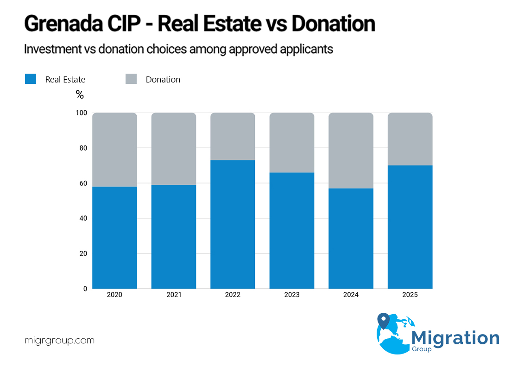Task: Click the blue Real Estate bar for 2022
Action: pos(233,224)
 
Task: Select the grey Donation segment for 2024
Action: pos(351,151)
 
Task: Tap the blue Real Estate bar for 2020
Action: pos(114,237)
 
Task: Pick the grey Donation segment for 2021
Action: pos(174,149)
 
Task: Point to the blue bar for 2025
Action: pos(410,227)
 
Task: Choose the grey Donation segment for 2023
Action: pos(292,143)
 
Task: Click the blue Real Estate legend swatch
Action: pos(31,79)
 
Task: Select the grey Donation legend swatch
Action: pos(131,79)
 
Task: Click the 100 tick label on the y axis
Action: pos(81,113)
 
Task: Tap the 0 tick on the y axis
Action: pos(85,289)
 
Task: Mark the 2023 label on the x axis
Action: pos(292,295)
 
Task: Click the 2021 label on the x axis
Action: pos(174,295)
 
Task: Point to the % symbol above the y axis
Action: pos(80,95)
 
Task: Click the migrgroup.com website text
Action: pos(59,341)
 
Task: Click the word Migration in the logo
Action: pos(455,337)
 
